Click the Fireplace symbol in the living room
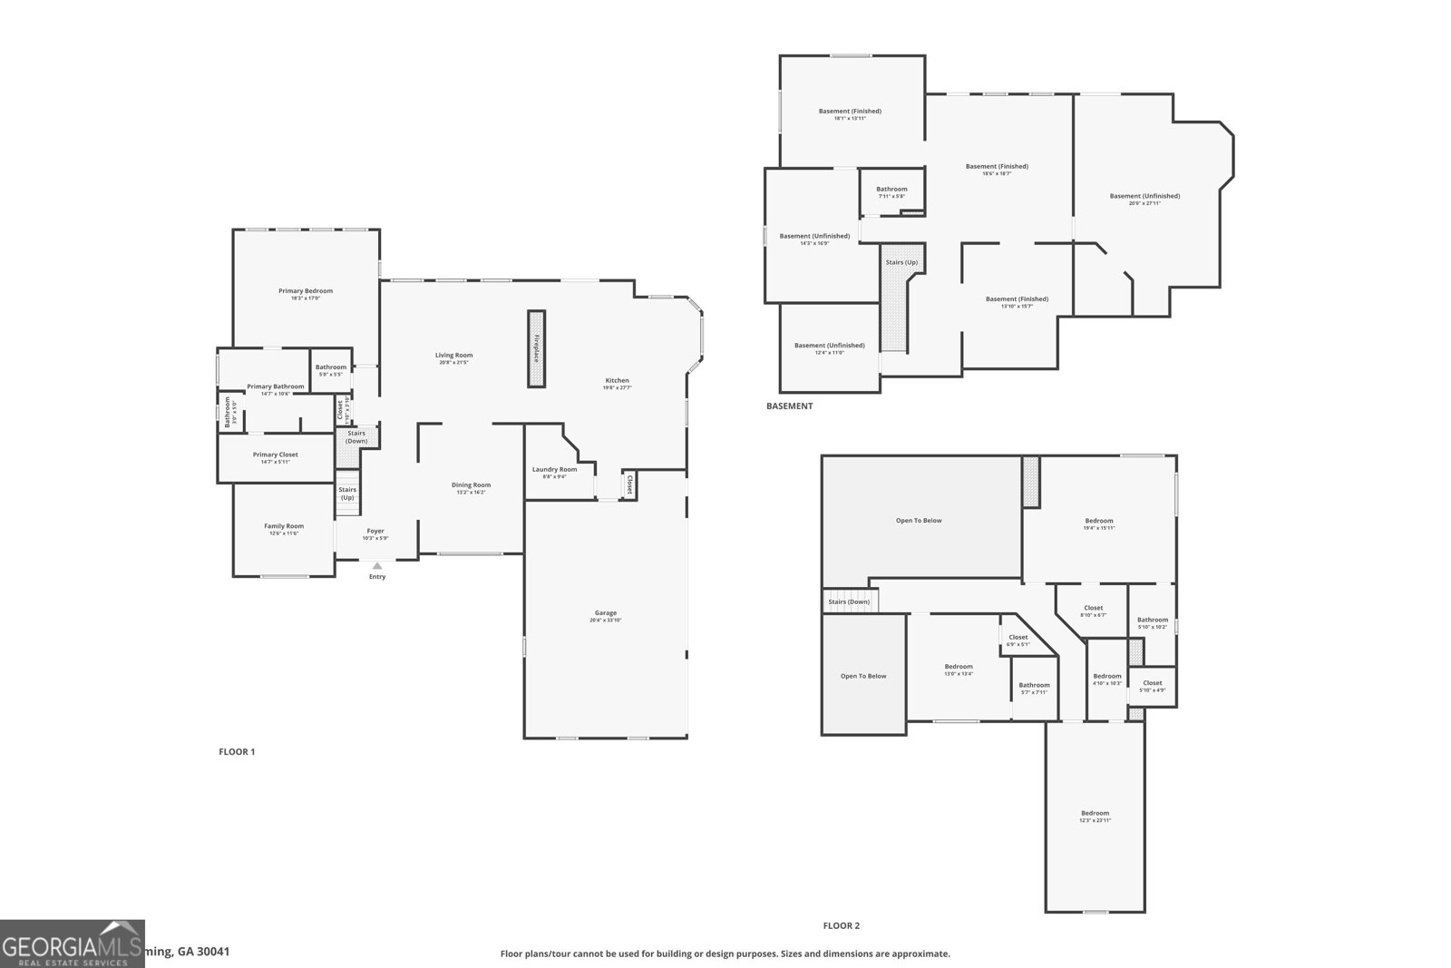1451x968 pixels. [x=537, y=349]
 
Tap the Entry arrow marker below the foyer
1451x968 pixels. [x=377, y=566]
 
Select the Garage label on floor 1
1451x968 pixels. [x=605, y=613]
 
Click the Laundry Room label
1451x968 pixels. [x=554, y=470]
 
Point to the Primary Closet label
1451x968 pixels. [x=275, y=455]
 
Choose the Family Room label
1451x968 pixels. [x=284, y=526]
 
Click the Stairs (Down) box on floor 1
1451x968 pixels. [x=356, y=436]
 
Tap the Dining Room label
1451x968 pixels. [x=471, y=485]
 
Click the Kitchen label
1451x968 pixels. [x=617, y=381]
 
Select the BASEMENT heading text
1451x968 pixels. [x=789, y=406]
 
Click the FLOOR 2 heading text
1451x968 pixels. [x=841, y=926]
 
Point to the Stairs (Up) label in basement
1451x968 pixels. [x=901, y=263]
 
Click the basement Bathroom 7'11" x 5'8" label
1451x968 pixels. [x=891, y=190]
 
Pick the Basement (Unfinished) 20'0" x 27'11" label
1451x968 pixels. [x=1144, y=197]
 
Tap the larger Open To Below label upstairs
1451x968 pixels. [x=919, y=521]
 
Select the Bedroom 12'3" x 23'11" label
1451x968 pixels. [x=1095, y=814]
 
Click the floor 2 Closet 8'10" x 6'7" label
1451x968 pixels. [x=1093, y=609]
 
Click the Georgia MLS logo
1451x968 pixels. [x=73, y=944]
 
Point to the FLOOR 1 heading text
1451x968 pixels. [x=237, y=752]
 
